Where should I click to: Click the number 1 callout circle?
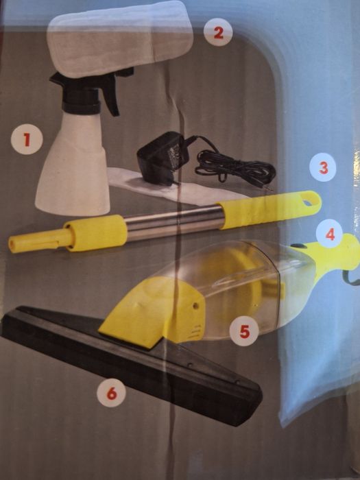click(27, 139)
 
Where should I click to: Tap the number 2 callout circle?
click(218, 32)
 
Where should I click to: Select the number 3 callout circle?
click(323, 167)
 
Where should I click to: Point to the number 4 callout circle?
click(329, 235)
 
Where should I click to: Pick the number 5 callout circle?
click(244, 331)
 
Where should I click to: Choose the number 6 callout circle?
click(111, 393)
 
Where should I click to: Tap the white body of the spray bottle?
click(73, 165)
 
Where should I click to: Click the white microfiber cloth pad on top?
click(119, 38)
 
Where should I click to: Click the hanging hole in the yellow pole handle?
click(307, 202)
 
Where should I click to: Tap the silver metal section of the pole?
click(174, 222)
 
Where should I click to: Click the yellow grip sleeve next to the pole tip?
click(95, 232)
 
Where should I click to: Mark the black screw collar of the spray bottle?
click(82, 105)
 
